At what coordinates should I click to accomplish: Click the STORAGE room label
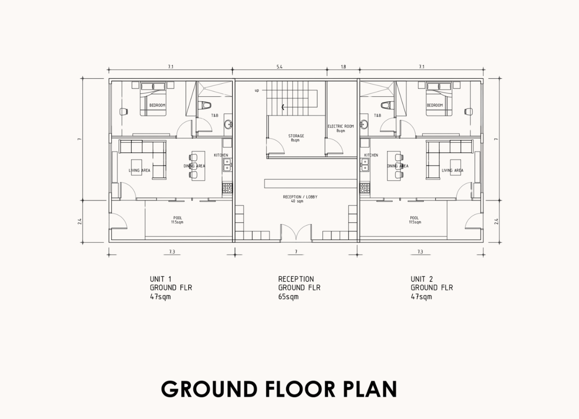pyautogui.click(x=296, y=136)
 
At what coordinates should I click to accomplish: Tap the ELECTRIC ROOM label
pyautogui.click(x=341, y=126)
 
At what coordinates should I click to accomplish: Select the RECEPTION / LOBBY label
pyautogui.click(x=300, y=197)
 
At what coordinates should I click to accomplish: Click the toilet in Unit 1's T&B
pyautogui.click(x=205, y=105)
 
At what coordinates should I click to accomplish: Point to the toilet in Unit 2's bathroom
pyautogui.click(x=387, y=105)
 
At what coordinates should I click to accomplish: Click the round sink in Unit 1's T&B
pyautogui.click(x=229, y=125)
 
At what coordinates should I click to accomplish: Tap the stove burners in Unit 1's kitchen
pyautogui.click(x=227, y=188)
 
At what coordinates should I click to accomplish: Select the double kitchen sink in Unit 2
pyautogui.click(x=364, y=165)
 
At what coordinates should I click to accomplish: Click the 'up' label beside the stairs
pyautogui.click(x=257, y=91)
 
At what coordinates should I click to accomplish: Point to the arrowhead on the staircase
pyautogui.click(x=283, y=107)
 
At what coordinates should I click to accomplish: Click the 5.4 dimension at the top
pyautogui.click(x=280, y=67)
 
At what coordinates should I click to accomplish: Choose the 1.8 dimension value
pyautogui.click(x=343, y=67)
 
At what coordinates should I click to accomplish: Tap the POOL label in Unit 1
pyautogui.click(x=178, y=218)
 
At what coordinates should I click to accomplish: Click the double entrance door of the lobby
pyautogui.click(x=296, y=233)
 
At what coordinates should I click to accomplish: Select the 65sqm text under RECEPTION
pyautogui.click(x=288, y=297)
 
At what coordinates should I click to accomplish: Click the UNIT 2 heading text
pyautogui.click(x=421, y=279)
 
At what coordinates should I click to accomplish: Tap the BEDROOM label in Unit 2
pyautogui.click(x=435, y=105)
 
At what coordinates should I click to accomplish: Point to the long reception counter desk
pyautogui.click(x=311, y=184)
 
